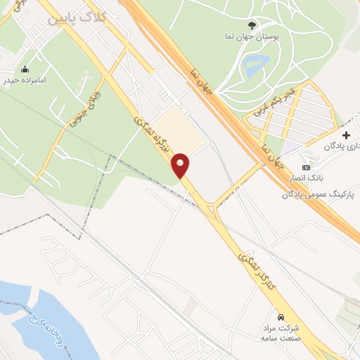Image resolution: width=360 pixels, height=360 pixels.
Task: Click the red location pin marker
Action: click(181, 166)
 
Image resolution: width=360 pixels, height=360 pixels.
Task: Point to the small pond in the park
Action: click(252, 67)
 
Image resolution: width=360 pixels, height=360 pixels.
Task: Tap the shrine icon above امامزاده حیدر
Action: click(25, 69)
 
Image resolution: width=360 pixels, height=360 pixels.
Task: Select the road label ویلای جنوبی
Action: click(84, 110)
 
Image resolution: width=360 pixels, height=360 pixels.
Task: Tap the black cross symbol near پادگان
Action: click(345, 135)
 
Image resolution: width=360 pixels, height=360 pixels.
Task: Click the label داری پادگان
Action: click(341, 146)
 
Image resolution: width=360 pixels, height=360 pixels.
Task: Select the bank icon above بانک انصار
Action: click(305, 167)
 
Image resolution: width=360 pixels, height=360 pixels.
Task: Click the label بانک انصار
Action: click(303, 179)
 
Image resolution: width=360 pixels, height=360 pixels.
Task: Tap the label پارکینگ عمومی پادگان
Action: click(319, 192)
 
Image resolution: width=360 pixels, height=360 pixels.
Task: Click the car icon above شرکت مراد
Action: click(281, 316)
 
